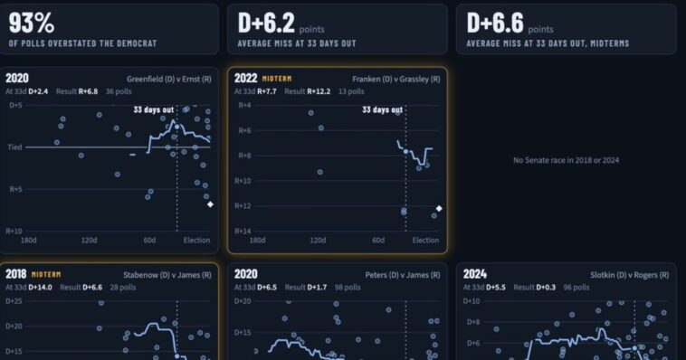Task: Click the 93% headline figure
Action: point(31,23)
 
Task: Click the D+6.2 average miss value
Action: point(266,23)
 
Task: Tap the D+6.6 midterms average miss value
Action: point(495,23)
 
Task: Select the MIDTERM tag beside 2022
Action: point(277,79)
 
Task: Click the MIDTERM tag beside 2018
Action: point(46,275)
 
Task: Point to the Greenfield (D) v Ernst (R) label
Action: point(169,80)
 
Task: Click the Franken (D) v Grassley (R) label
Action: point(396,80)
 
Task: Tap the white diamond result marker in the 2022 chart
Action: point(439,209)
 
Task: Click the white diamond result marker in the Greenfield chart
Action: point(211,204)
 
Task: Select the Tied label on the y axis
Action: point(14,147)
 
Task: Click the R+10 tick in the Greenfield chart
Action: point(14,231)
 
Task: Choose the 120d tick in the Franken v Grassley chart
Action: point(318,240)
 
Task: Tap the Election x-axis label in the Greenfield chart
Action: point(197,240)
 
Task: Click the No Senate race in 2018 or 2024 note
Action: point(567,160)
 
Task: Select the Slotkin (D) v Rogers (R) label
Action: point(630,275)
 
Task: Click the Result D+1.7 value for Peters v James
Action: point(306,288)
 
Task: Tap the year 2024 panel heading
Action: point(475,274)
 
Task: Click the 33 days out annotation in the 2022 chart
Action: point(383,109)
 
